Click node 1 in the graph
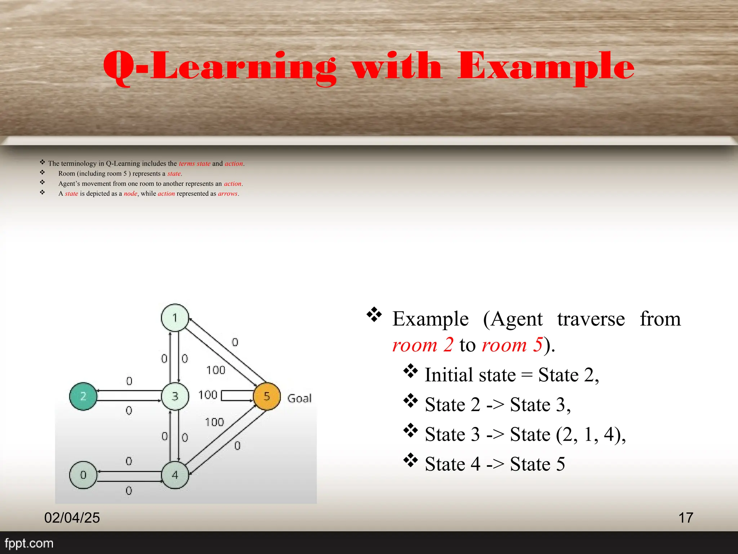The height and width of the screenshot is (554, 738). click(x=175, y=318)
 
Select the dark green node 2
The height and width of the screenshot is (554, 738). click(x=83, y=396)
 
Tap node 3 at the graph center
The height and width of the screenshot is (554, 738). click(x=175, y=396)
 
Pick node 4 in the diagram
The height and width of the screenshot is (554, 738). click(x=175, y=475)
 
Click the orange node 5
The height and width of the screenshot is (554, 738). click(x=267, y=396)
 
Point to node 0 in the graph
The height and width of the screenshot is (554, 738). click(x=83, y=475)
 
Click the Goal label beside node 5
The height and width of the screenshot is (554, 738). click(x=299, y=398)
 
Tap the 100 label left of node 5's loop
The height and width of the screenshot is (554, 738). click(x=208, y=395)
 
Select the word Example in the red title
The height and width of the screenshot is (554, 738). click(x=546, y=67)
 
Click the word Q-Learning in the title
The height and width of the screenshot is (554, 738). click(x=220, y=67)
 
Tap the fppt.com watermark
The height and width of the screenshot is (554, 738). click(x=29, y=543)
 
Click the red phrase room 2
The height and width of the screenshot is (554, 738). click(x=423, y=345)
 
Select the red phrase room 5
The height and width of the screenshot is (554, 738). click(x=512, y=345)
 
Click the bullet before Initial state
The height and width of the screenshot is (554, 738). click(x=410, y=371)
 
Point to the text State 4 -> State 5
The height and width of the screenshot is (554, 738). click(x=495, y=464)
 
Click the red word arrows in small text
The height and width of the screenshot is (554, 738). click(x=228, y=194)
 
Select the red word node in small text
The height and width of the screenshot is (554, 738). click(x=130, y=194)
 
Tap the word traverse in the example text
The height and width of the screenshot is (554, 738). click(x=591, y=319)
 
